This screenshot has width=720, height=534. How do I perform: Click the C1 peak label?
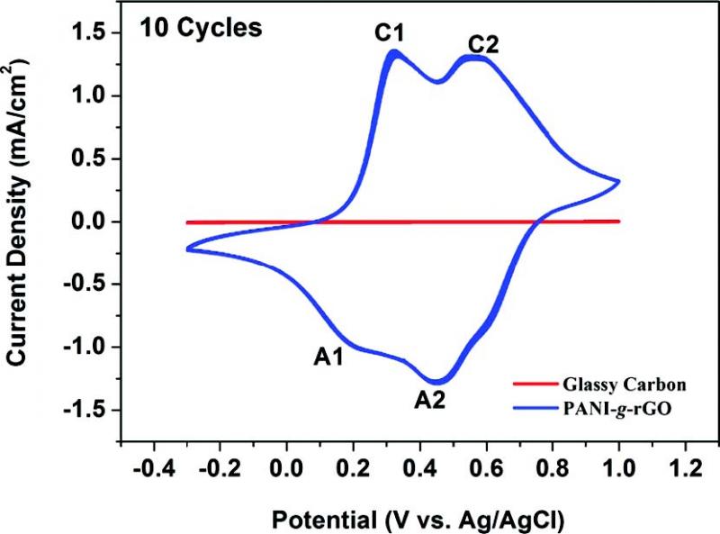(390, 33)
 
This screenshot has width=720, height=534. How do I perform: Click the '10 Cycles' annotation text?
(200, 29)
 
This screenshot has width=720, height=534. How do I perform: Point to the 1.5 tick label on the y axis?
(93, 33)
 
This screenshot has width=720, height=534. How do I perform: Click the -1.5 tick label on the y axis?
(87, 411)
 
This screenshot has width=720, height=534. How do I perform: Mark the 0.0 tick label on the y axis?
(93, 222)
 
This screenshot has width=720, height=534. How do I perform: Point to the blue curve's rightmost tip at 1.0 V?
(619, 181)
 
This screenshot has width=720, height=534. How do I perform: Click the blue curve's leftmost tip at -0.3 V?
(187, 249)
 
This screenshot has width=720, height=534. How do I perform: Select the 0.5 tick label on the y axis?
(93, 158)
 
